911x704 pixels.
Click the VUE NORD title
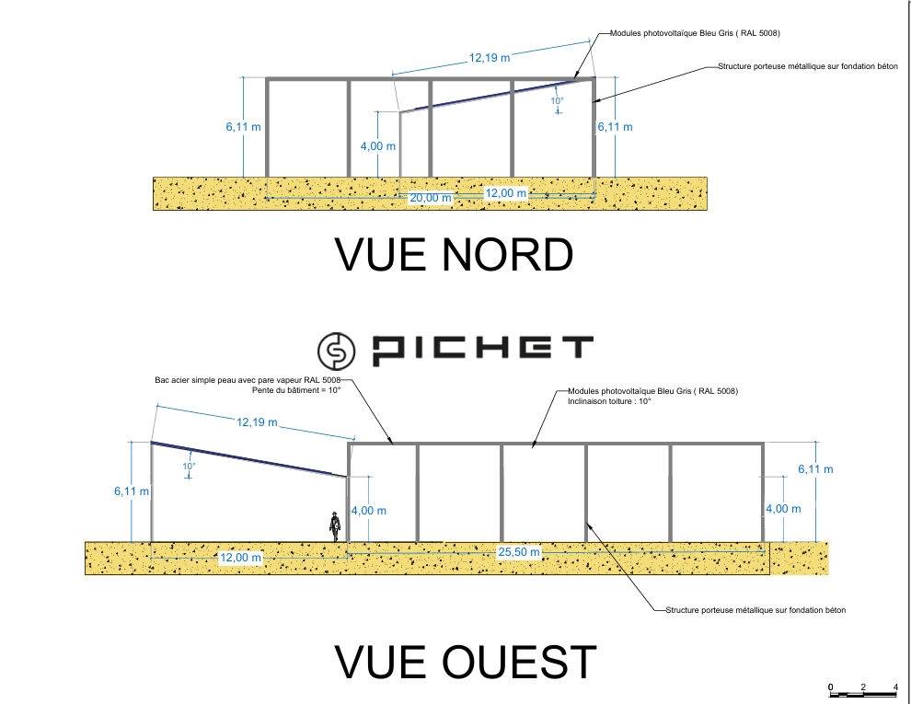(455, 254)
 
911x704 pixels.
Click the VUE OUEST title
(466, 662)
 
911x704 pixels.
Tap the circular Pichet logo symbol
(337, 351)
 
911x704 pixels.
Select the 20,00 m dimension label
(431, 198)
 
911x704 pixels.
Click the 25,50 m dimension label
(519, 552)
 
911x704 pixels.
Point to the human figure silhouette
(335, 526)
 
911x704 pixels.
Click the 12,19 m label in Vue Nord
(490, 57)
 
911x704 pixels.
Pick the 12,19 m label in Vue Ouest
(257, 421)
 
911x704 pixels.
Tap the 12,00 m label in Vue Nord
(506, 193)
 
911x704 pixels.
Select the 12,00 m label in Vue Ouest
(240, 558)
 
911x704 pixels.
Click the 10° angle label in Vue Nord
(557, 100)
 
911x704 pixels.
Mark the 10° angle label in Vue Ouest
(189, 466)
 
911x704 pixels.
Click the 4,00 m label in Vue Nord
(377, 145)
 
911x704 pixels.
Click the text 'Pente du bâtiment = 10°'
(296, 390)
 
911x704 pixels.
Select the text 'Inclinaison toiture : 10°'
(609, 401)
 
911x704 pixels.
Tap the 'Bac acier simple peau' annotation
(248, 380)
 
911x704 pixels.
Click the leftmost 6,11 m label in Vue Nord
(244, 126)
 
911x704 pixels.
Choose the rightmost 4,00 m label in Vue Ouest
(783, 509)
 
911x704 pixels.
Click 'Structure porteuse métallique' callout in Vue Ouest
(755, 610)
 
